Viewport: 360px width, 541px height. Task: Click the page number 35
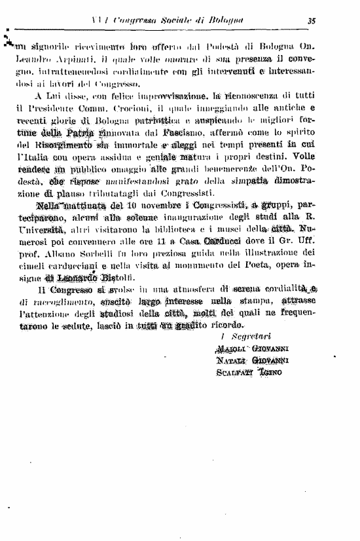coord(312,20)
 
